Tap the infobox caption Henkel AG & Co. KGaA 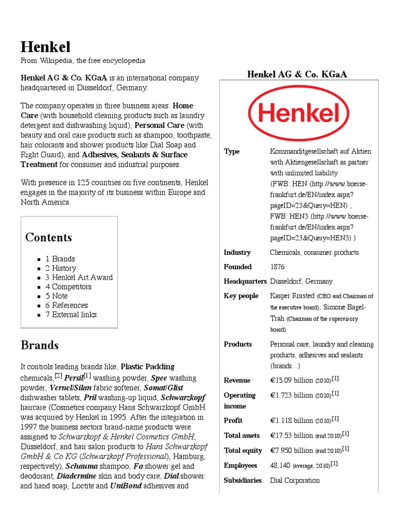point(297,74)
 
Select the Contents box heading point(49,237)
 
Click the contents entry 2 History point(61,268)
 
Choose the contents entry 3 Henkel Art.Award point(79,277)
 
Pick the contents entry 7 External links point(71,314)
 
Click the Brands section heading point(40,345)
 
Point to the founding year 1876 point(277,267)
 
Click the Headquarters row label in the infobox point(245,281)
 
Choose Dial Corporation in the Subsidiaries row point(294,480)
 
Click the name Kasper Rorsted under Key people point(292,296)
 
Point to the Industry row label point(237,253)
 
